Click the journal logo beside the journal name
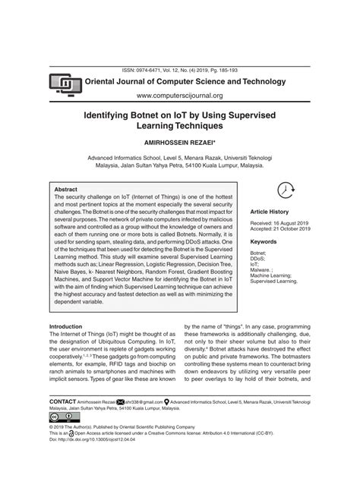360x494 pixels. (65, 83)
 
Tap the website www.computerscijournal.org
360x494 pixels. (180, 96)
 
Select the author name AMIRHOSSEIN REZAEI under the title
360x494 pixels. (179, 142)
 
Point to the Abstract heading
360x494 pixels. (66, 190)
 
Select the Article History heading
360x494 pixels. (270, 212)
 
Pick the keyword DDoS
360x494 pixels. (259, 259)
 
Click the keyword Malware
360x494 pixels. (262, 269)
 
